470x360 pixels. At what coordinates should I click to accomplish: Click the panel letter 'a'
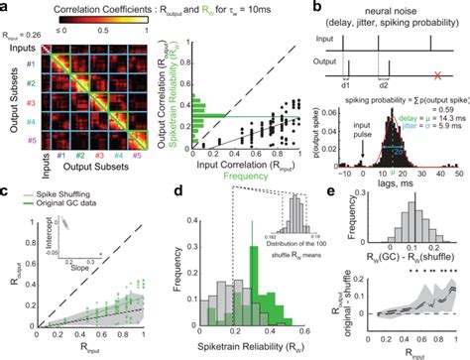click(x=6, y=7)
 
